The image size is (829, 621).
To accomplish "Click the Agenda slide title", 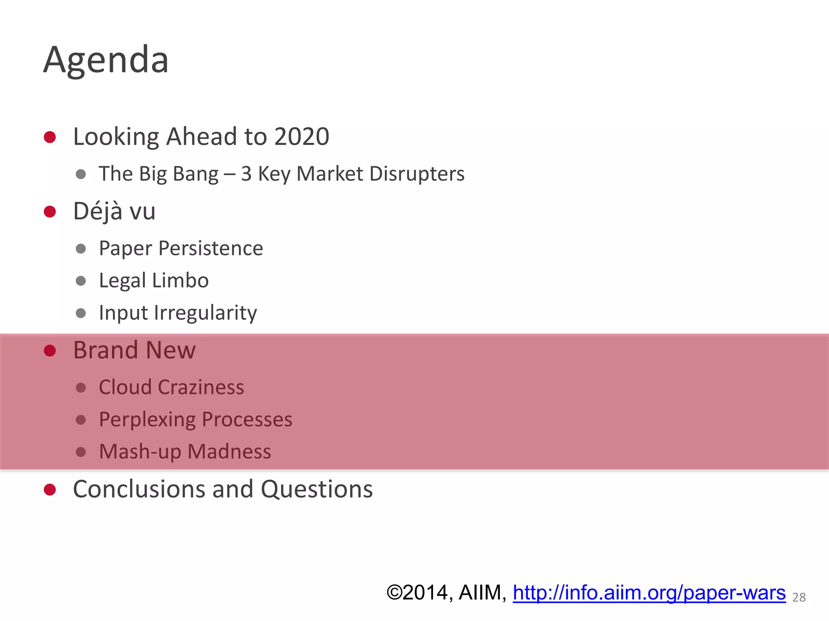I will point(106,60).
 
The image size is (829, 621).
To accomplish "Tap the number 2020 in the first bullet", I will point(302,137).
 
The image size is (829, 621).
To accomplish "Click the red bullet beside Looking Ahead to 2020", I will point(50,137).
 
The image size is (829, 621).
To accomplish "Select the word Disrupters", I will point(417,174).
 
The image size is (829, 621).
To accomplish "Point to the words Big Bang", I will point(179,174).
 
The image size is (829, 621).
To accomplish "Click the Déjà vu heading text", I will point(114,211).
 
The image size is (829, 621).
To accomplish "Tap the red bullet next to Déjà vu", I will point(50,211).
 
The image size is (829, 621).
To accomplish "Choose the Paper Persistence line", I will point(181,248).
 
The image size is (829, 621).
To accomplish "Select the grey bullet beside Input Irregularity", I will point(81,313).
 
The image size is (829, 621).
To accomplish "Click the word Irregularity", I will point(205,313).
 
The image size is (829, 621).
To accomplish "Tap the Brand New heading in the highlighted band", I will point(134,350).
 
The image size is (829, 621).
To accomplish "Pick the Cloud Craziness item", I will point(171,387).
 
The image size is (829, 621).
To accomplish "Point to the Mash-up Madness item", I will point(185,452).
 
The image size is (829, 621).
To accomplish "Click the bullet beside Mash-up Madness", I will point(81,452).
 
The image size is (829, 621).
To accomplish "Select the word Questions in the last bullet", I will point(317,489).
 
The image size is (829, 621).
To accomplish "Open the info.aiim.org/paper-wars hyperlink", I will point(649,593).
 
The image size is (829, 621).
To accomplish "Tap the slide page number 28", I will point(799,597).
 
